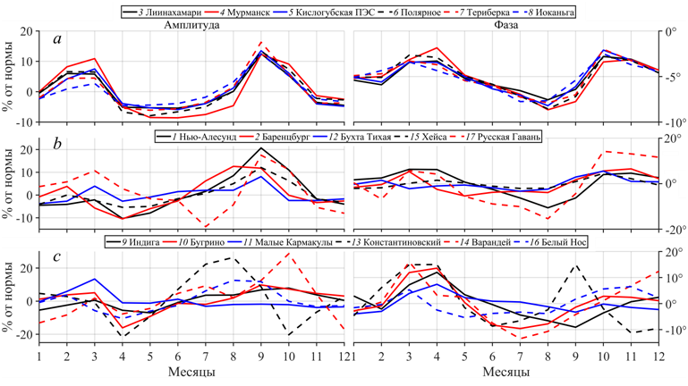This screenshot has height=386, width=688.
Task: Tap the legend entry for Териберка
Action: (480, 13)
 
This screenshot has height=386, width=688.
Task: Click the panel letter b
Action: (57, 146)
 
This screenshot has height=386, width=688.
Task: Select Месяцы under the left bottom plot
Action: (189, 371)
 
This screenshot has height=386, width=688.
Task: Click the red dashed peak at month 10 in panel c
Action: (288, 253)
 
